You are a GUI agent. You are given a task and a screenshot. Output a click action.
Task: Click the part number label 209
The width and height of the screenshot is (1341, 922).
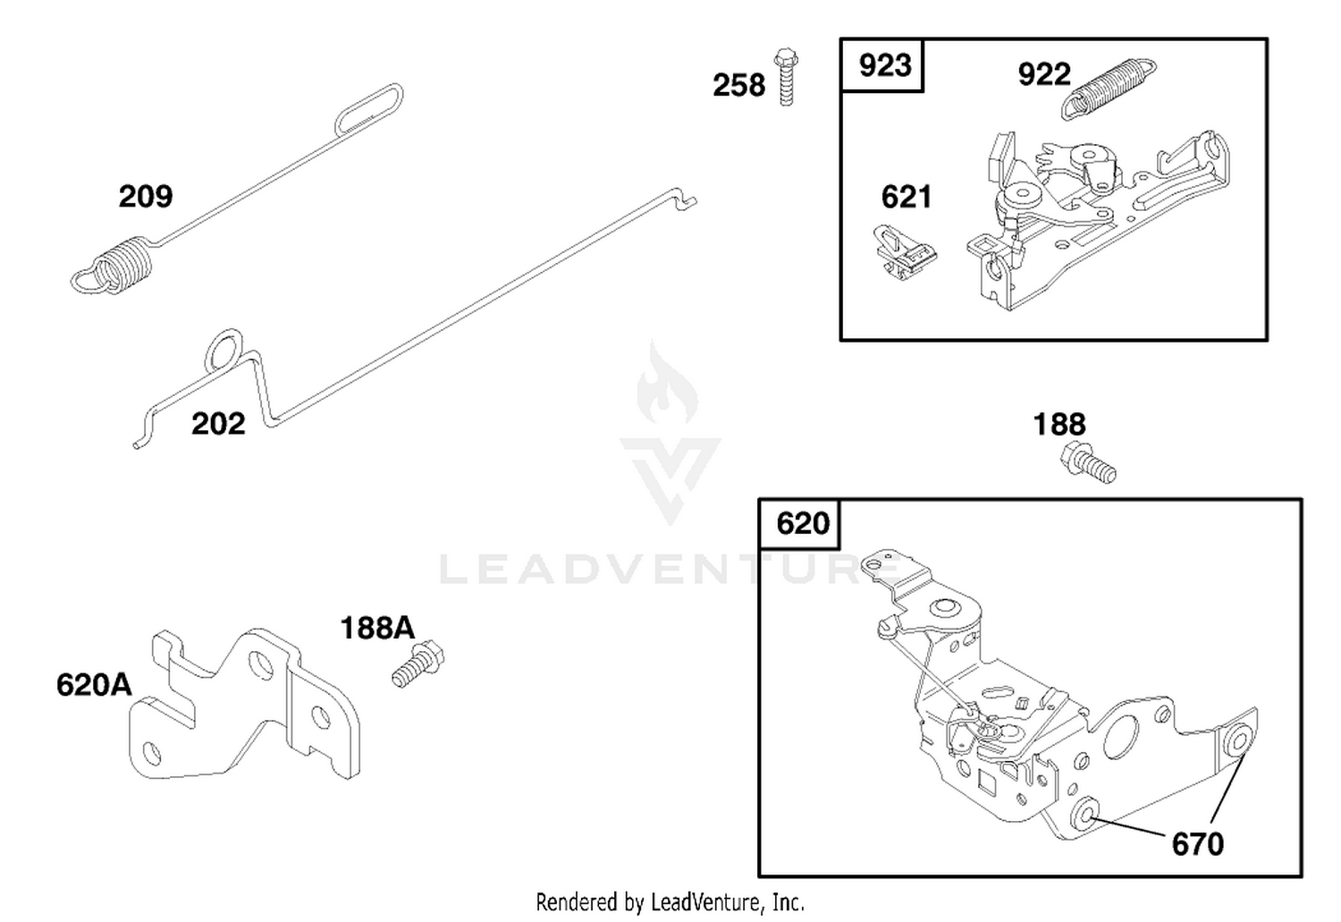[146, 197]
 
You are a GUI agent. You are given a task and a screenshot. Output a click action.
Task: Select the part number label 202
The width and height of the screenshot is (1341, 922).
[218, 424]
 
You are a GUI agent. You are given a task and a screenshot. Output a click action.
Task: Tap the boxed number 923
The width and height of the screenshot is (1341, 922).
[885, 65]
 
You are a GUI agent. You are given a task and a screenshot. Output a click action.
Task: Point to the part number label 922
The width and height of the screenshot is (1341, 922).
[1044, 74]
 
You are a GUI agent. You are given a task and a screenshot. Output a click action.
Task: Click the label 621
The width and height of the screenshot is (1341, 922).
[907, 197]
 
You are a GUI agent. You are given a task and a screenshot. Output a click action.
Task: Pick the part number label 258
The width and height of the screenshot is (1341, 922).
[738, 85]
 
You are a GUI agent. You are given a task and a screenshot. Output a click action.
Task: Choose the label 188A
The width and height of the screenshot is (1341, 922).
[377, 629]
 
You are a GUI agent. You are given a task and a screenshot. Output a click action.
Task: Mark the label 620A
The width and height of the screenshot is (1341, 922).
[94, 685]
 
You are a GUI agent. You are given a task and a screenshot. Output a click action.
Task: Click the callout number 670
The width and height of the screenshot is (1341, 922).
[1197, 845]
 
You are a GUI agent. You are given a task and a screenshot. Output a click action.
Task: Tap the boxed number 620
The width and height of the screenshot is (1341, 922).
[803, 523]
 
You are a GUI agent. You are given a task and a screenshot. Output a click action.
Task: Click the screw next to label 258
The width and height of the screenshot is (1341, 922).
[786, 77]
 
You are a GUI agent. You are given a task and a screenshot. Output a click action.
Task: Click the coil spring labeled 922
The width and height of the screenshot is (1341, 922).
[1109, 89]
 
